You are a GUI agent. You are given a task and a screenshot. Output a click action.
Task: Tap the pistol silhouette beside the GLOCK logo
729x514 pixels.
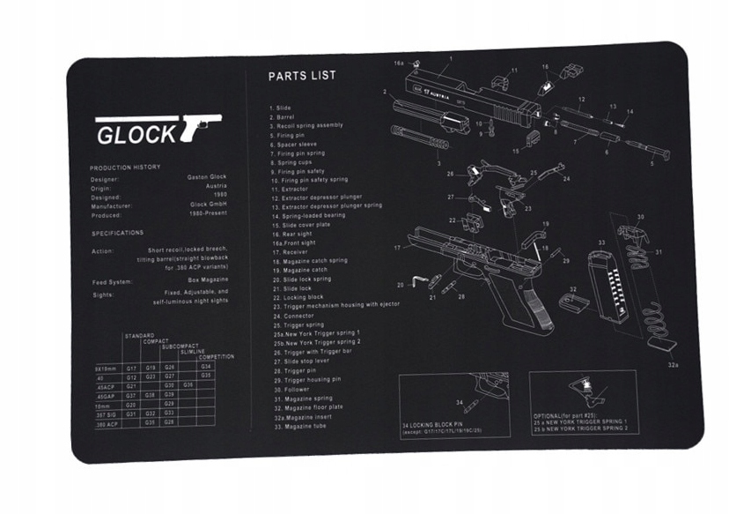click(x=200, y=126)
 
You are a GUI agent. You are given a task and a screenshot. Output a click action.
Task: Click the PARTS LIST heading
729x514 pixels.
click(x=302, y=76)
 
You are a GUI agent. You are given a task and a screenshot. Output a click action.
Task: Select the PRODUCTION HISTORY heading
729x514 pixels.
click(x=123, y=167)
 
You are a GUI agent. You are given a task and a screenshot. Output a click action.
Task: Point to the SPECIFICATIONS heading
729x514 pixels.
click(x=117, y=233)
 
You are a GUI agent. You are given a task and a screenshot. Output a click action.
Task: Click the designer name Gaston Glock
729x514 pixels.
click(x=207, y=177)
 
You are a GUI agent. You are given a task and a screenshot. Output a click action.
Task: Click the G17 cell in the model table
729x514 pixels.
click(x=130, y=367)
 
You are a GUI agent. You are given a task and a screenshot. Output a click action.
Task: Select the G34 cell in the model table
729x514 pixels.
click(x=206, y=366)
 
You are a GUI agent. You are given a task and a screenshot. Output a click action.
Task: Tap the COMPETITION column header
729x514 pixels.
click(x=217, y=357)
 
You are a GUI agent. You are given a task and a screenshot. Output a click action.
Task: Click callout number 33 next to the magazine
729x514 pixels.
click(x=601, y=242)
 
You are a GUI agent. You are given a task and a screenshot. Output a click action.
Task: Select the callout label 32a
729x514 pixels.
click(x=674, y=364)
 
